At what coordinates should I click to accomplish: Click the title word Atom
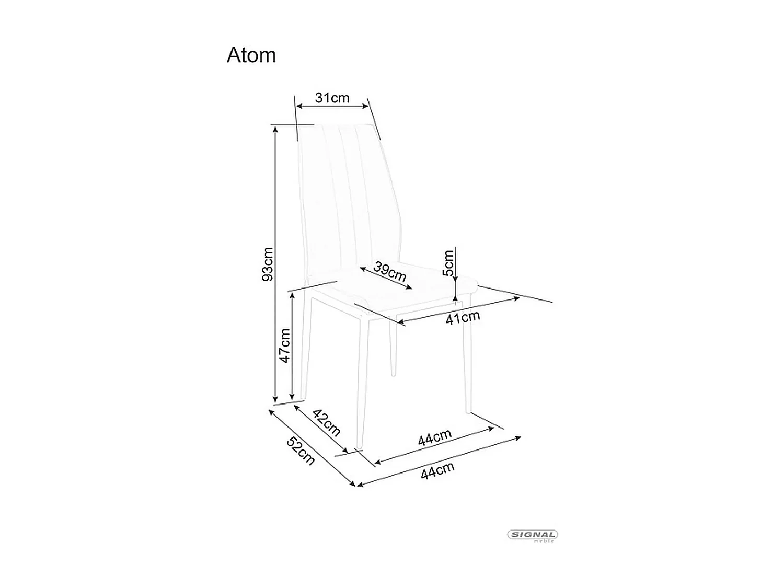tap(251, 55)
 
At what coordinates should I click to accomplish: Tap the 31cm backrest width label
tap(332, 98)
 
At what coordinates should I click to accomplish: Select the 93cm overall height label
tap(267, 264)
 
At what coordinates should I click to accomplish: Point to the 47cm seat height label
tap(284, 345)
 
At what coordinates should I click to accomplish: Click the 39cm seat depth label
tap(390, 271)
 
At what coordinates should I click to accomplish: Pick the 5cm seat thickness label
tap(448, 263)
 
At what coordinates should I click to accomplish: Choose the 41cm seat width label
tap(463, 317)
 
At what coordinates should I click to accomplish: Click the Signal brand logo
tap(533, 535)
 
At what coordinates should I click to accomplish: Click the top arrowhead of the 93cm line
tap(275, 129)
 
